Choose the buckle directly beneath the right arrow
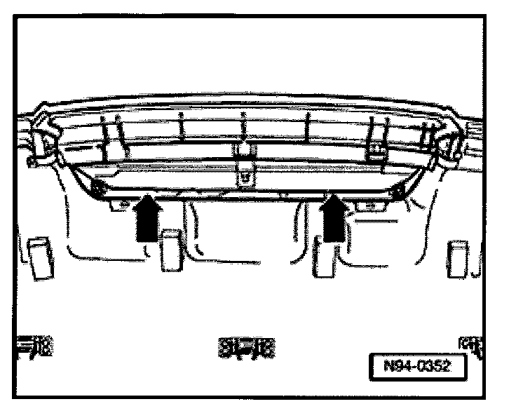point(324,256)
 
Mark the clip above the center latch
point(245,149)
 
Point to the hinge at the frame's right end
point(447,144)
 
